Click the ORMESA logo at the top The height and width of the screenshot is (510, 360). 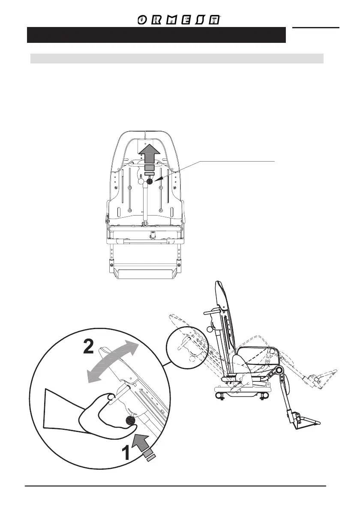(179, 20)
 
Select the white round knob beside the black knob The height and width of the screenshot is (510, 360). (141, 181)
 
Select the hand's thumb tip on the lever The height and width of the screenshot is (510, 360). (111, 397)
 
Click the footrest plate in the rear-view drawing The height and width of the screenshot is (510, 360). (145, 273)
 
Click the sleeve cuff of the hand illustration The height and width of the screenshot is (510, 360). (51, 411)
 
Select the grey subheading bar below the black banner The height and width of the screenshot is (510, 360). (177, 58)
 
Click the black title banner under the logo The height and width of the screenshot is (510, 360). (156, 35)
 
